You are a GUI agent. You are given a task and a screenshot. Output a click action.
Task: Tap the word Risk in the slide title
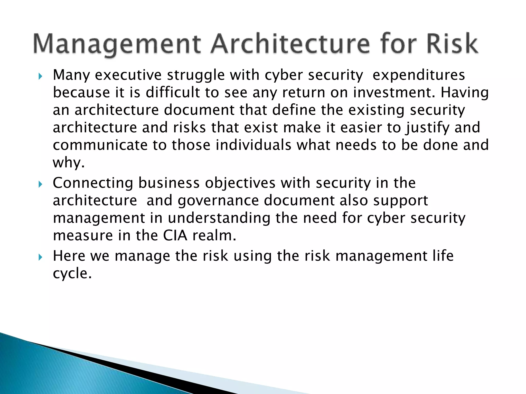click(452, 44)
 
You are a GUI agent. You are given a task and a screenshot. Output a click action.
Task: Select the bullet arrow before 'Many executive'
click(40, 76)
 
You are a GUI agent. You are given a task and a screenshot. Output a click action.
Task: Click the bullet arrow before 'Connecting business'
click(40, 184)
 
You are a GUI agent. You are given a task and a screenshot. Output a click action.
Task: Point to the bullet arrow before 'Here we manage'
click(40, 257)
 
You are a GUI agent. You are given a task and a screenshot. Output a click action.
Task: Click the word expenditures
click(419, 75)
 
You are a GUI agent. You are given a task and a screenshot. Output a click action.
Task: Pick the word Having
click(465, 93)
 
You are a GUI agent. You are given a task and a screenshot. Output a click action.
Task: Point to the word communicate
click(100, 145)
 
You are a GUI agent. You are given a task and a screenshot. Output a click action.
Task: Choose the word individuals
click(253, 145)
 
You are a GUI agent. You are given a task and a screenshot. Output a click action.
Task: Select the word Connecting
click(93, 183)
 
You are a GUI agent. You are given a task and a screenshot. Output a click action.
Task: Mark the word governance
click(218, 201)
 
